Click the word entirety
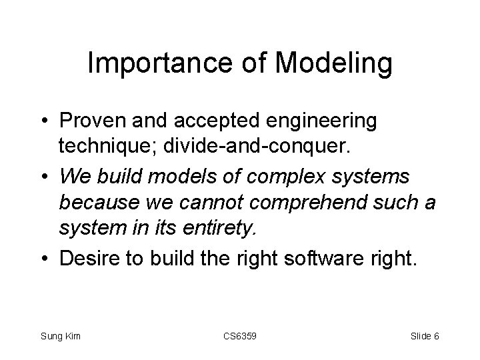click(x=221, y=229)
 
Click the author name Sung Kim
click(x=61, y=336)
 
